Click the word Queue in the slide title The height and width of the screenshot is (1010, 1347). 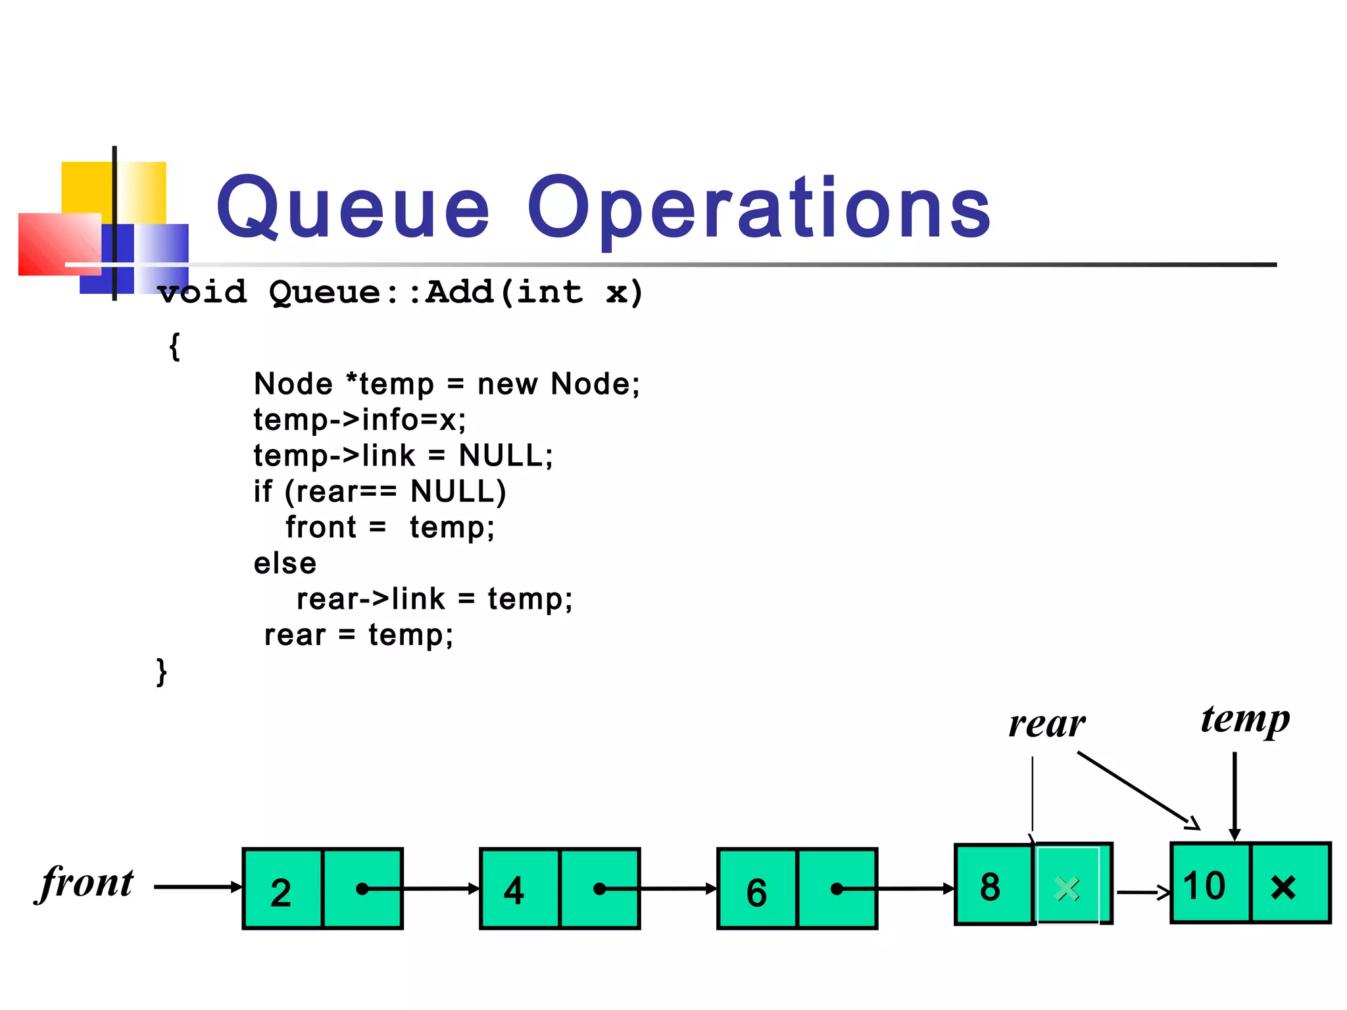(353, 209)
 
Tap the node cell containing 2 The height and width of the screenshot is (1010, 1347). (283, 890)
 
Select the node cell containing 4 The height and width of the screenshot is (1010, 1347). (520, 890)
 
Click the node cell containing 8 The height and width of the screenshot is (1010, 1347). (992, 885)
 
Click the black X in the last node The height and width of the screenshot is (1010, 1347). (1283, 886)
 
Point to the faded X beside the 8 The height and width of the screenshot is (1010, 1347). (1067, 888)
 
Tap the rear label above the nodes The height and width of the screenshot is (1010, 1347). (1047, 725)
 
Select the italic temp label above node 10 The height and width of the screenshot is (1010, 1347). (1244, 719)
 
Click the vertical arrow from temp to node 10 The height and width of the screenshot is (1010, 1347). (1235, 796)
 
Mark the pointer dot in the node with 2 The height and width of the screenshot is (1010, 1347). (361, 888)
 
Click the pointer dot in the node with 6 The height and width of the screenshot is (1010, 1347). (836, 888)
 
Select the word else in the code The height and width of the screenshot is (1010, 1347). (285, 563)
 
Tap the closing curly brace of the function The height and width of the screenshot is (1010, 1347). (162, 671)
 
